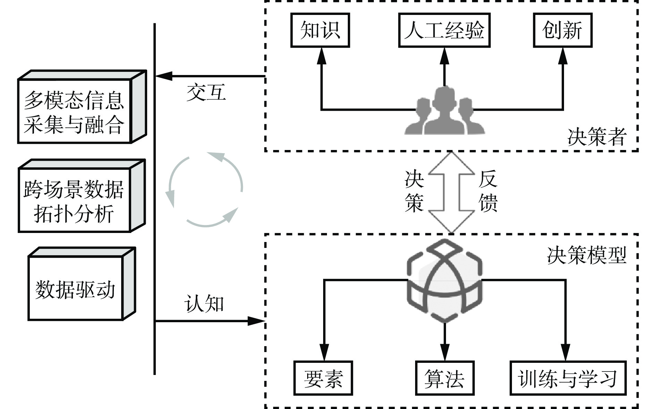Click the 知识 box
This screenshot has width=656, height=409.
(320, 30)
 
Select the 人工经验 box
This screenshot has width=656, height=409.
(444, 30)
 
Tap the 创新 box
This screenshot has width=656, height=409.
(562, 30)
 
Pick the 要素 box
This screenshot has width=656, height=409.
(323, 378)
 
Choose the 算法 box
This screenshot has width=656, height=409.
(445, 378)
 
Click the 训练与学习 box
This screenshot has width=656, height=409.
(568, 378)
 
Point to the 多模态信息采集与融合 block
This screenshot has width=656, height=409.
(74, 111)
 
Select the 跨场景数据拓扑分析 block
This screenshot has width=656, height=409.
(74, 200)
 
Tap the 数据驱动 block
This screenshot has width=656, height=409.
(75, 288)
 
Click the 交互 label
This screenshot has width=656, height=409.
(206, 92)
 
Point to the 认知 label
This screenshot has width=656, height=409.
(204, 303)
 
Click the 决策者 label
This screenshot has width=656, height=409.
(597, 137)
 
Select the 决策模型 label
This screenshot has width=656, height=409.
(587, 256)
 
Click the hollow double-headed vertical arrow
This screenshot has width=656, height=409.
(451, 192)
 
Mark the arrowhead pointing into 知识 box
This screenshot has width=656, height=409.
(322, 56)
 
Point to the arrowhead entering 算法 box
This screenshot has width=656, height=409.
(445, 353)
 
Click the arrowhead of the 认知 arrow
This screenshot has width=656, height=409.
(257, 321)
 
